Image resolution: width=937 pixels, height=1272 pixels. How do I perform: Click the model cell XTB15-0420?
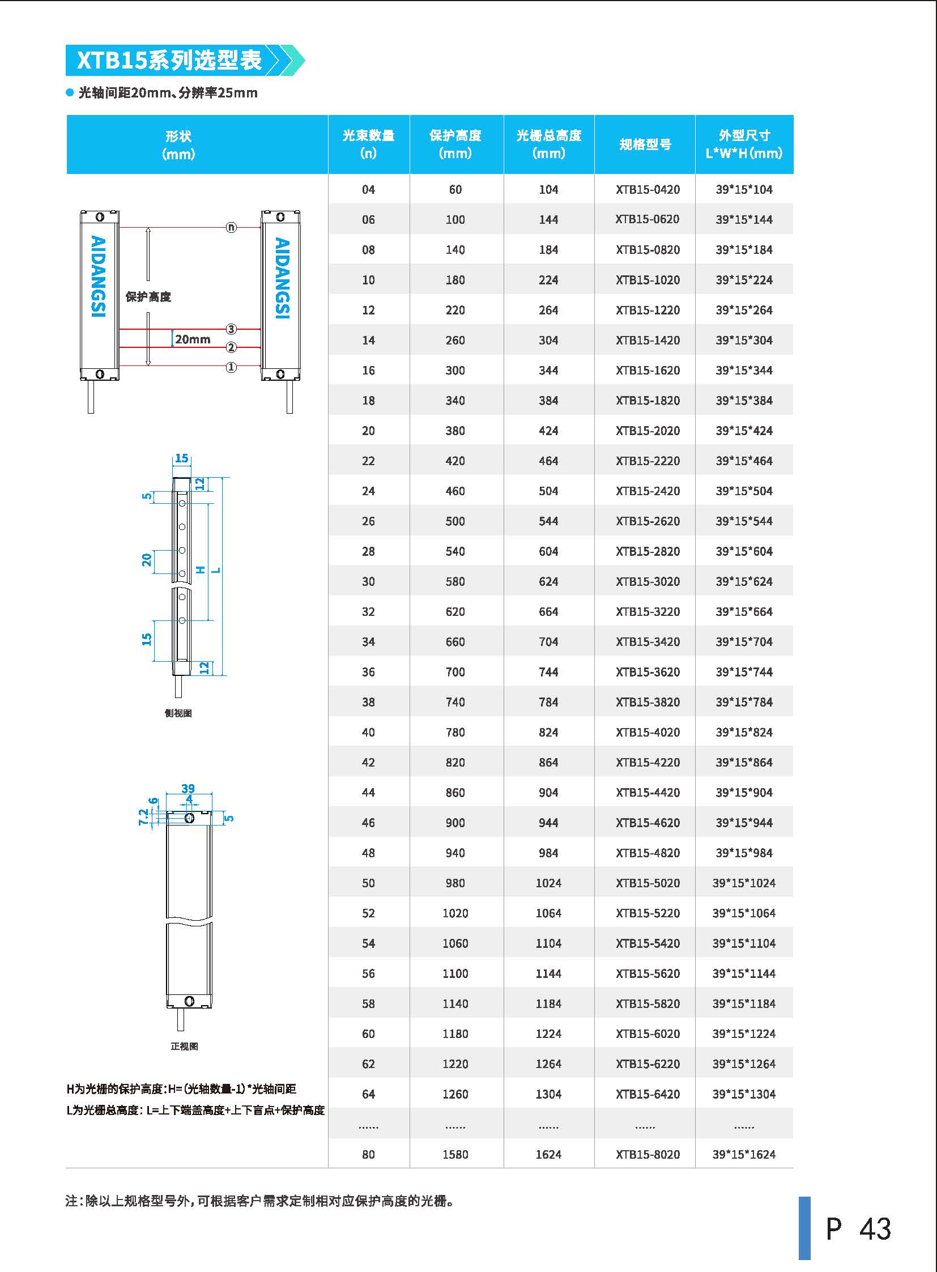[x=647, y=189]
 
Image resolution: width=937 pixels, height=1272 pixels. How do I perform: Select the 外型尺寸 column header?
[x=744, y=144]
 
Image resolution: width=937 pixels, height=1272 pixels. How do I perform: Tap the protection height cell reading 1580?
[x=455, y=1154]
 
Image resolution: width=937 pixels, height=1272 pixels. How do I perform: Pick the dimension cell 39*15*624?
[x=744, y=581]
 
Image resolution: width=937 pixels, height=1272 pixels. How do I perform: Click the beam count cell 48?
[x=368, y=853]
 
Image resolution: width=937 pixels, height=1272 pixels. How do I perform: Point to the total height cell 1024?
[x=548, y=883]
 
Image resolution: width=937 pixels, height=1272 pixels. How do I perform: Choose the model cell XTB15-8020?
[x=647, y=1154]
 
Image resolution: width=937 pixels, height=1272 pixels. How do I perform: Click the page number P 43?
[x=858, y=1229]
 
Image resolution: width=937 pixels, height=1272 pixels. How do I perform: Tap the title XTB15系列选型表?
[x=169, y=60]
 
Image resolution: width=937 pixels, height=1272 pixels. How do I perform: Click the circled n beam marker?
[x=231, y=228]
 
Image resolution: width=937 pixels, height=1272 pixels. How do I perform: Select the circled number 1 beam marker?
[x=231, y=367]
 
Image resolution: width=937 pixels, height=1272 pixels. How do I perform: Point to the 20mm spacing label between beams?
[x=192, y=339]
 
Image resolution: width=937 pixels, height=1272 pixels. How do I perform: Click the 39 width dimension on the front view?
[x=188, y=788]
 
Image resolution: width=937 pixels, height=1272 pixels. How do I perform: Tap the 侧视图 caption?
[x=178, y=713]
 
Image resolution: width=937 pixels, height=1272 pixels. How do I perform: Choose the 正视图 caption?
[x=184, y=1046]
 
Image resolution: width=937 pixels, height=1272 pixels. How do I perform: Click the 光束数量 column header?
[x=368, y=144]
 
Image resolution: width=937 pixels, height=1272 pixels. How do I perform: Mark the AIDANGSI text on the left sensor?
[x=98, y=276]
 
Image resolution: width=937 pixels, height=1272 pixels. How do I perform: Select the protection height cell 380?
[x=455, y=431]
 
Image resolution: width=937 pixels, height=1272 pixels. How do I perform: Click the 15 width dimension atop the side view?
[x=181, y=458]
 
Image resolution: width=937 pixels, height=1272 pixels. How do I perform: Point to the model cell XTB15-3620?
[x=647, y=672]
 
